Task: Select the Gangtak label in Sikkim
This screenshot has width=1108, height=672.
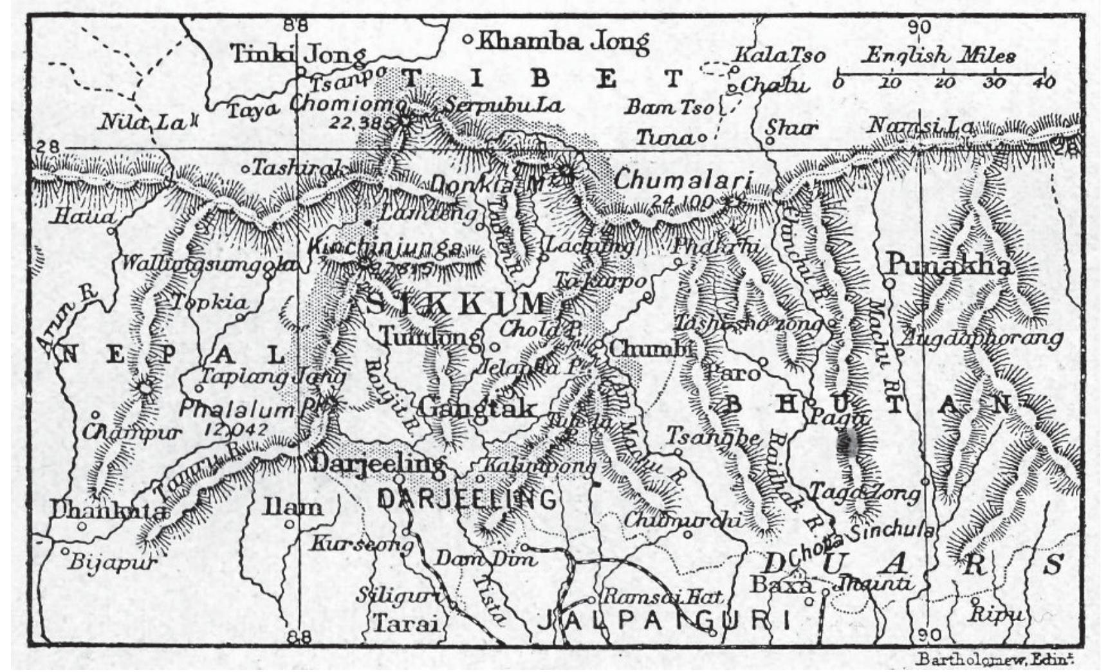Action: coord(477,408)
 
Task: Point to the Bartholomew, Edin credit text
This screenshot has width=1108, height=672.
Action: coord(996,660)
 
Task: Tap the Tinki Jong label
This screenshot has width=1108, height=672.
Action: coord(299,54)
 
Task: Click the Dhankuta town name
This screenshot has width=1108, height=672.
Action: coord(108,512)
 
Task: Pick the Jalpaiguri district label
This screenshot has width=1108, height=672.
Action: coord(663,621)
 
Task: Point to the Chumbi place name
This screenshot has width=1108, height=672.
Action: coord(651,349)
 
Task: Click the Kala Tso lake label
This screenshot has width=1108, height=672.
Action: coord(780,55)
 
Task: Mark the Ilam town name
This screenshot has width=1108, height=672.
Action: coord(293,507)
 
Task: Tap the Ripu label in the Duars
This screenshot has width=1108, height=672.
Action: coord(995,613)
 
